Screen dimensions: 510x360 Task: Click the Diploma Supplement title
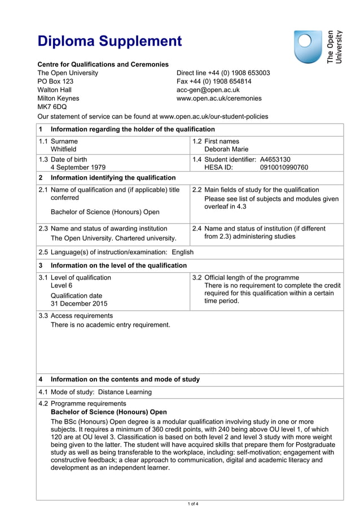coord(109,41)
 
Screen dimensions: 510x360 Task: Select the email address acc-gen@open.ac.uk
coord(208,90)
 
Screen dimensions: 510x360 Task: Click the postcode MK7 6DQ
coord(51,106)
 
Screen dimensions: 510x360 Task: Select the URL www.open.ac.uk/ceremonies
coord(219,98)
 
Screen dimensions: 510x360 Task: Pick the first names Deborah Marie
coord(226,150)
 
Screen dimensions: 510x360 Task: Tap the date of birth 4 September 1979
coord(78,168)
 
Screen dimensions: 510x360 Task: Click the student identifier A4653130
coord(275,159)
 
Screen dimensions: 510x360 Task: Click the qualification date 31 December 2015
coord(78,304)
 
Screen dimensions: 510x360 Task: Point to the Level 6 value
coord(62,286)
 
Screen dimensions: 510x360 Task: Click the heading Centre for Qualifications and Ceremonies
coord(103,64)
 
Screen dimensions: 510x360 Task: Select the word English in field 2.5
coord(182,252)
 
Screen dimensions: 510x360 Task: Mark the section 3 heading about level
coord(118,265)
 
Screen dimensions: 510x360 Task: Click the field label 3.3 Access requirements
coord(76,316)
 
